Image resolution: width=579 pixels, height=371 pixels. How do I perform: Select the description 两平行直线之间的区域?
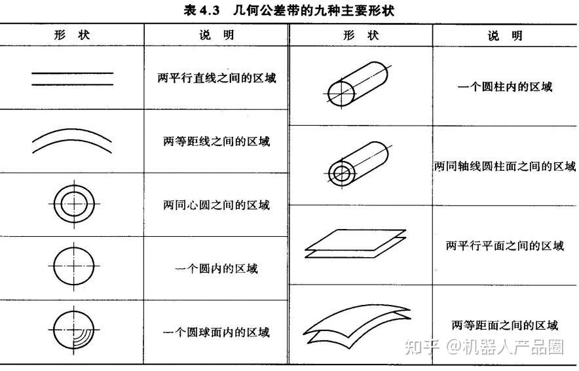(217, 77)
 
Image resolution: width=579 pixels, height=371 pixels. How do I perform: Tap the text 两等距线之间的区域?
(217, 141)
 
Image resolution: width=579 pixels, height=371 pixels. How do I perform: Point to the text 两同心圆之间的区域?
(217, 205)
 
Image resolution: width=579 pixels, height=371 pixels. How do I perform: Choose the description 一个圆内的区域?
(217, 268)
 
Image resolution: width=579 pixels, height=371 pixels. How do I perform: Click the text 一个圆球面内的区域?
(217, 332)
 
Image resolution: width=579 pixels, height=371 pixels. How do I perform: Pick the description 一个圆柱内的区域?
(505, 86)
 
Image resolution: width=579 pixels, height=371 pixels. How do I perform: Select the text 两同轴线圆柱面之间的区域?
(505, 166)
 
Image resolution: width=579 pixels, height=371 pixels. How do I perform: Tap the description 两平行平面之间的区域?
(505, 246)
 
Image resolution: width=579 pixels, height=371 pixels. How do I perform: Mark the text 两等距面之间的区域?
(505, 325)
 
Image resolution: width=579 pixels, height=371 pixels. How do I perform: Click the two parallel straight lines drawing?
(73, 77)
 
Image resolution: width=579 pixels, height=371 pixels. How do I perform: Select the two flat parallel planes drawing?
(356, 241)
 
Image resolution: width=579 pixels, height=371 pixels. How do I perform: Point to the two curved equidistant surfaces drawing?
(357, 324)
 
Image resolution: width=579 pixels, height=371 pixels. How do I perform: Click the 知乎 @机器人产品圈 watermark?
(483, 347)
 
